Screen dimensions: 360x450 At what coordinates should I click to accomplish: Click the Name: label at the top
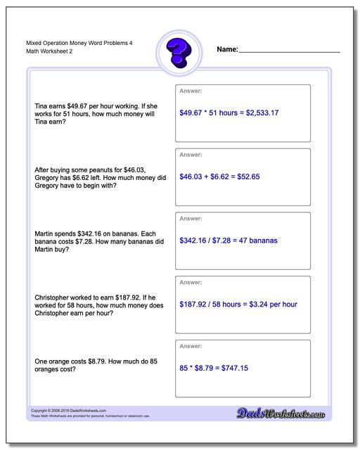(x=227, y=50)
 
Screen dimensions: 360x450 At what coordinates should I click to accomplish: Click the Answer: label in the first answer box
(x=191, y=91)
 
